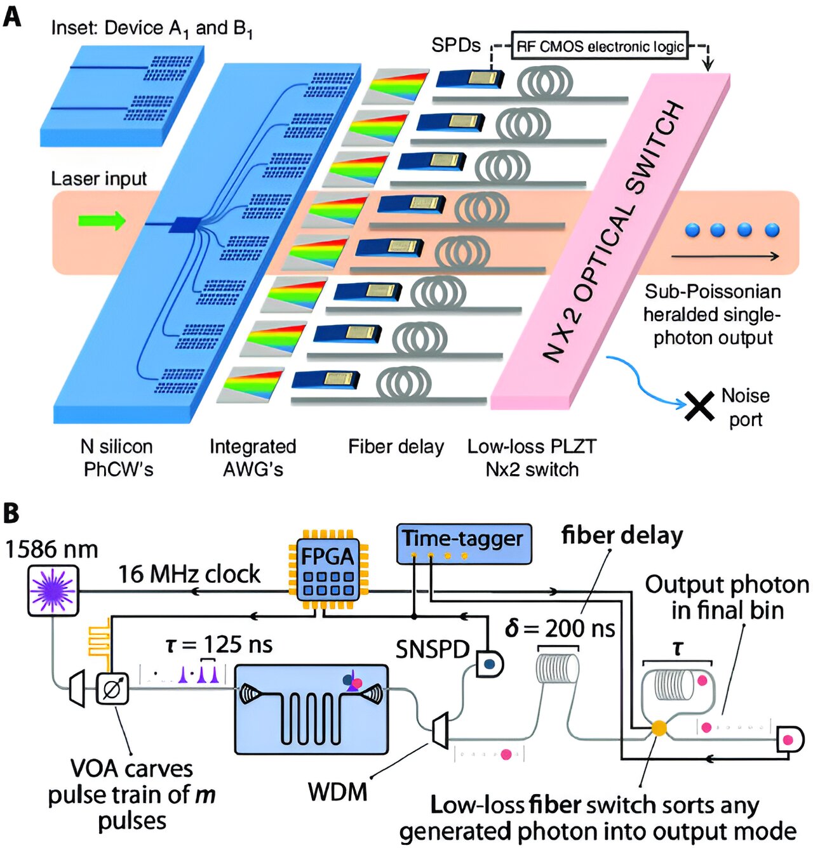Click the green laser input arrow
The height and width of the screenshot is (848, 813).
(x=102, y=221)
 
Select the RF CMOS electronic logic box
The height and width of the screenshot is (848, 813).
(x=600, y=46)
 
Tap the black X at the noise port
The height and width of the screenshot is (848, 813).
(x=699, y=406)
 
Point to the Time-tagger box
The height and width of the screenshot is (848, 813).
(x=463, y=543)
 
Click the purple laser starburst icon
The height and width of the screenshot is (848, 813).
(x=53, y=590)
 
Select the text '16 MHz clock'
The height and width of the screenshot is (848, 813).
(x=189, y=574)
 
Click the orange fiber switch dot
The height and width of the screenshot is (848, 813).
(x=659, y=728)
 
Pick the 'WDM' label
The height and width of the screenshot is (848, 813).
(x=337, y=792)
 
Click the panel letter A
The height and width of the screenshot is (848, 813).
(x=12, y=17)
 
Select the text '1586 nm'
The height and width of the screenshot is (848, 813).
(x=51, y=549)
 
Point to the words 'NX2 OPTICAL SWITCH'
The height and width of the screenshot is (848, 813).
(x=614, y=232)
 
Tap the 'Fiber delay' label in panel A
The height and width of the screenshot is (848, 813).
(x=396, y=447)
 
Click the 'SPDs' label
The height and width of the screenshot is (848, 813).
(x=455, y=45)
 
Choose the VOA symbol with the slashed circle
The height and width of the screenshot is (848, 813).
(x=112, y=688)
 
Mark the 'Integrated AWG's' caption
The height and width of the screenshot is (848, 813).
(x=253, y=458)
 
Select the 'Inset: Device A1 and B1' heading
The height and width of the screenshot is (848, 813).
(x=152, y=29)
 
